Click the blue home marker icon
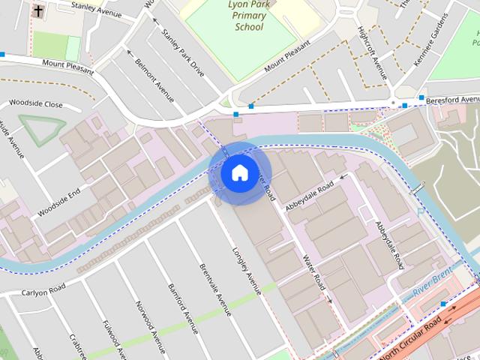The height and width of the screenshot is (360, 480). (238, 172)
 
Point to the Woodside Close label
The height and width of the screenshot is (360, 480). (35, 106)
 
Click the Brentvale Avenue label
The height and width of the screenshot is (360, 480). (214, 288)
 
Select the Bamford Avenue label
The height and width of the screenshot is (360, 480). (184, 307)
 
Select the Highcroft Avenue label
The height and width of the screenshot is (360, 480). (373, 54)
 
